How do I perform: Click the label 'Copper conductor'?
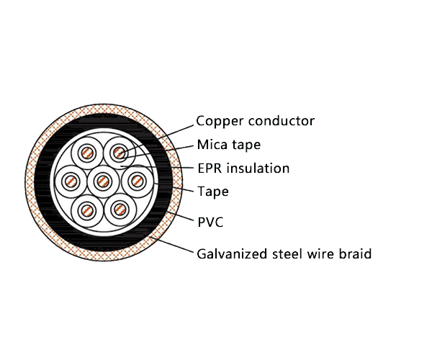pyautogui.click(x=255, y=121)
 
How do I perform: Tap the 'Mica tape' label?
pyautogui.click(x=229, y=145)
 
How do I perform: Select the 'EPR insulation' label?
pyautogui.click(x=243, y=168)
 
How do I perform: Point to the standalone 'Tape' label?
pyautogui.click(x=213, y=192)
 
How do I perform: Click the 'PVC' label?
pyautogui.click(x=210, y=222)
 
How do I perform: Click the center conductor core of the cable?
pyautogui.click(x=103, y=180)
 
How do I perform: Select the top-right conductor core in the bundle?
pyautogui.click(x=119, y=153)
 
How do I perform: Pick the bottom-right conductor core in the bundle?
pyautogui.click(x=119, y=210)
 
